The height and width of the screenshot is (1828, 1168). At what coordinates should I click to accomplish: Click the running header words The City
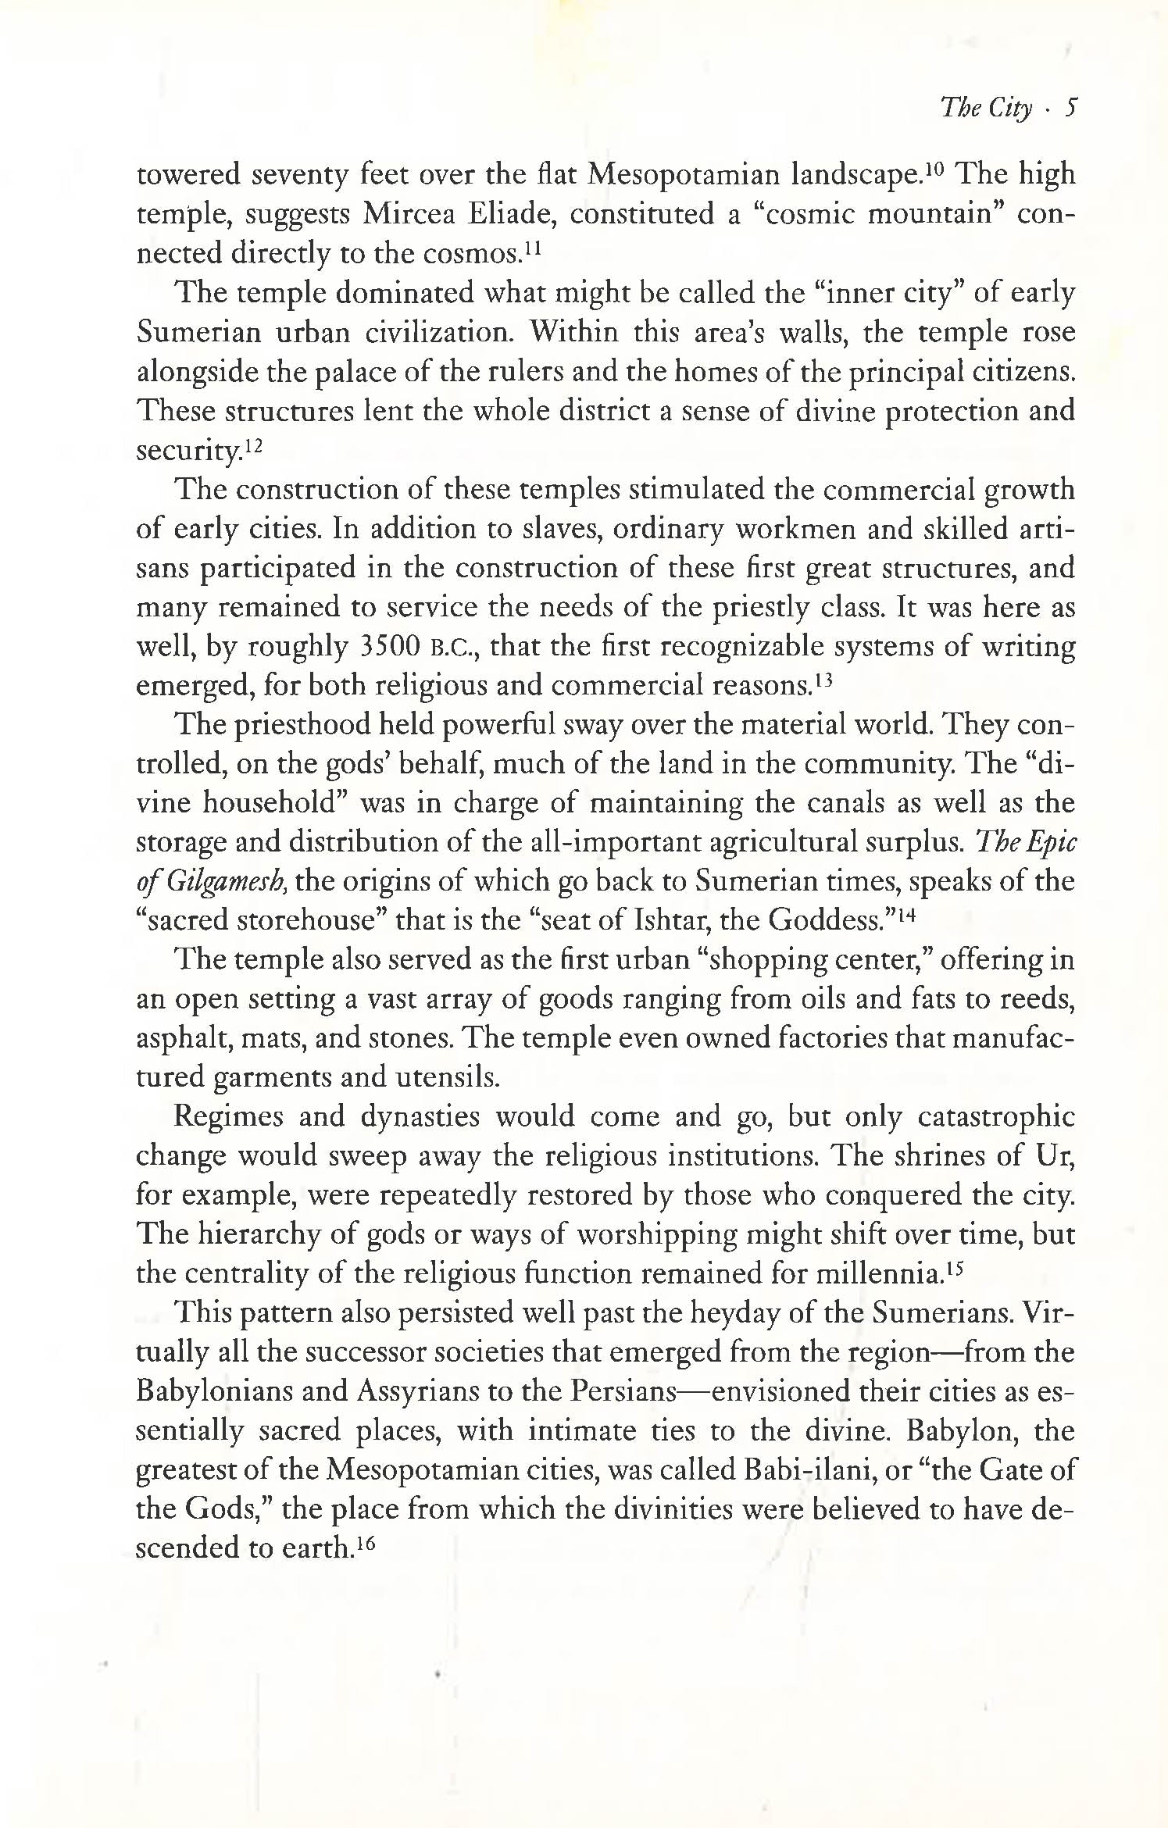(x=987, y=107)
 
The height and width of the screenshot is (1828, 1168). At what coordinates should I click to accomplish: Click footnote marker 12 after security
(x=252, y=445)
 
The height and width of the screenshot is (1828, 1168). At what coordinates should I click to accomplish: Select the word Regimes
(x=227, y=1117)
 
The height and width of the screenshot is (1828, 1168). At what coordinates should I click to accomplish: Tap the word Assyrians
(x=412, y=1393)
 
